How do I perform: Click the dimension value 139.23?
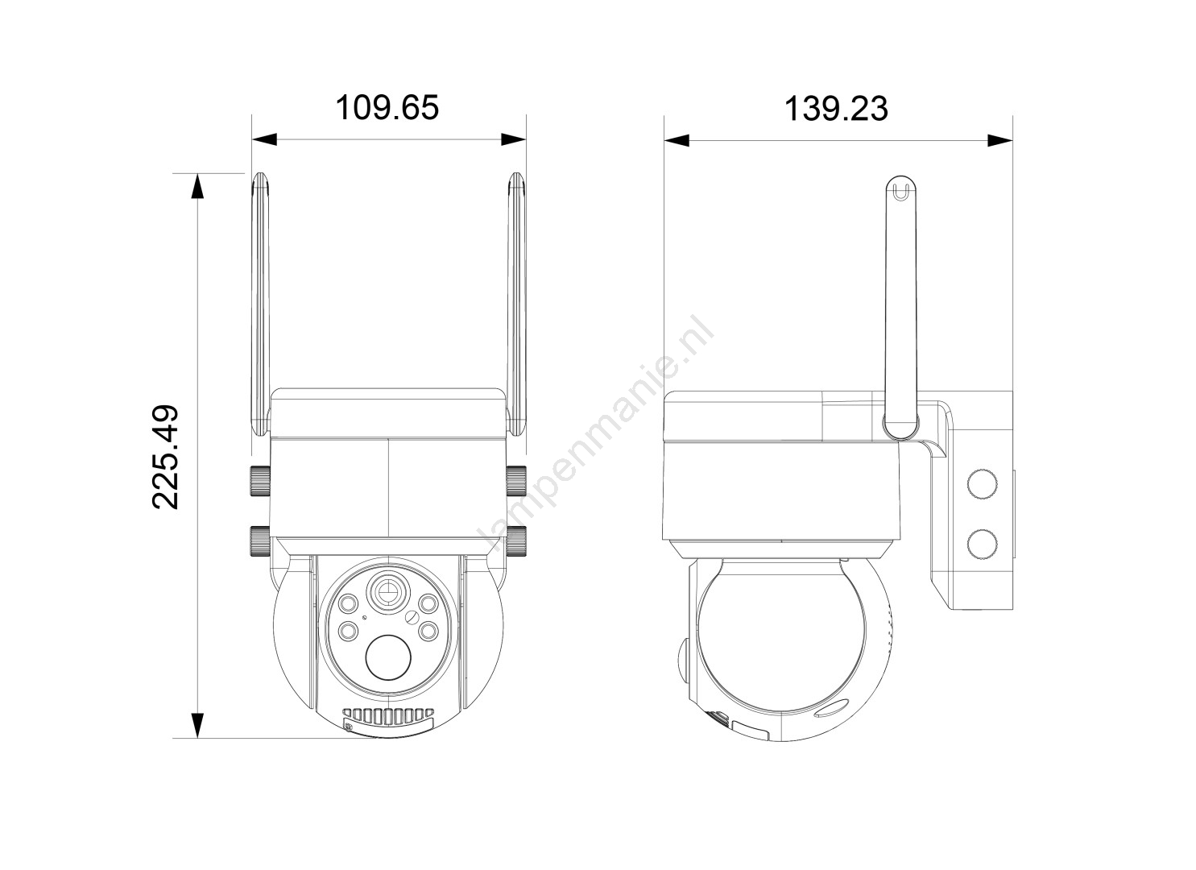point(836,109)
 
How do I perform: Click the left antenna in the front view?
point(260,304)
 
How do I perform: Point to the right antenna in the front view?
point(516,304)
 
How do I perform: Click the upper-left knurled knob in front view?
point(260,481)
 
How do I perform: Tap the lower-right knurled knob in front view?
point(516,541)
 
